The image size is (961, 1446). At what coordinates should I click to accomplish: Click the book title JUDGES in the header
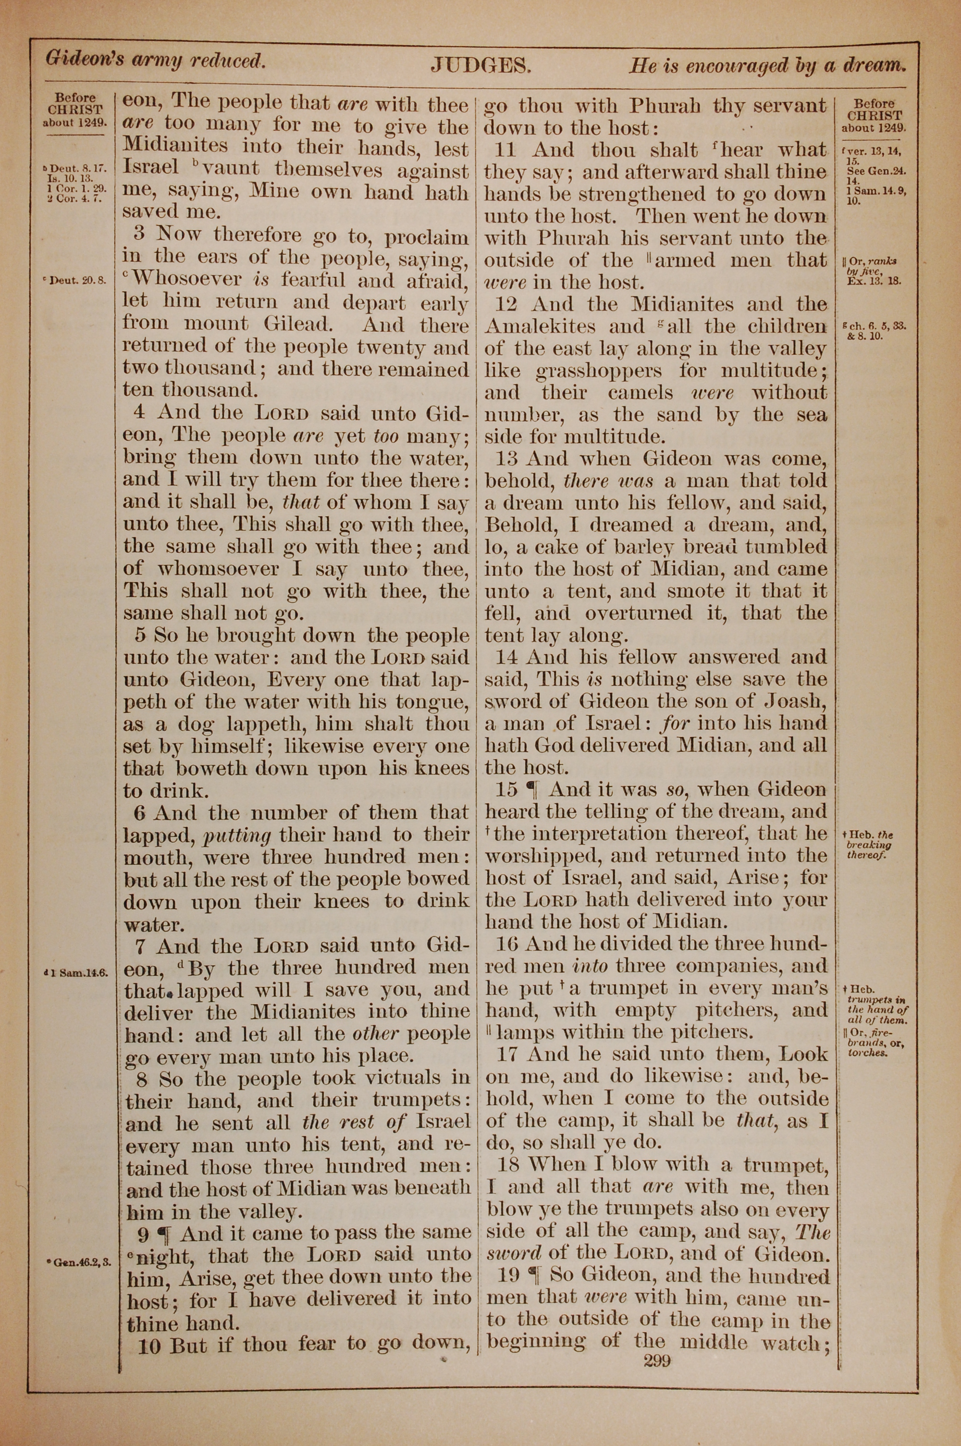pos(480,64)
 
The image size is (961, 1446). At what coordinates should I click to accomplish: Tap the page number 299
pos(657,1361)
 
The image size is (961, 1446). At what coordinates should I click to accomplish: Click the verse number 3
pos(139,234)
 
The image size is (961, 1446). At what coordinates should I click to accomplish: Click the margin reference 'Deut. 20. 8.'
pos(77,280)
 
